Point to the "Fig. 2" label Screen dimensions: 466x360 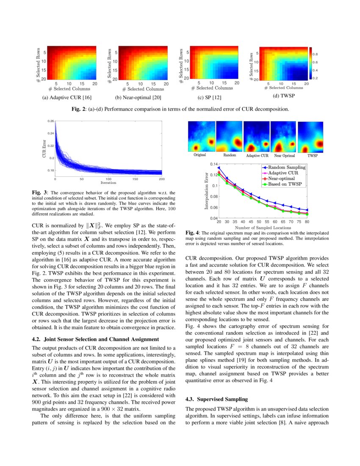pyautogui.click(x=79, y=109)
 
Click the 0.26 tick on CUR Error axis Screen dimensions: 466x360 pyautogui.click(x=51, y=121)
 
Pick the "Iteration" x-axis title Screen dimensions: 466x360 pyautogui.click(x=108, y=183)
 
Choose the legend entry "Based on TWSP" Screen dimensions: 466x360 pyautogui.click(x=283, y=184)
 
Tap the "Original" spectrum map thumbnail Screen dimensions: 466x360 pyautogui.click(x=200, y=136)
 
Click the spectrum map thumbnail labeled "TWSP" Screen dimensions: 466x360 pyautogui.click(x=311, y=137)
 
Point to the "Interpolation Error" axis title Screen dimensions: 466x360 pyautogui.click(x=207, y=191)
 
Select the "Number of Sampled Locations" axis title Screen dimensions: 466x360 pyautogui.click(x=263, y=227)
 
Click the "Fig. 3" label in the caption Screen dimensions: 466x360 pyautogui.click(x=39, y=193)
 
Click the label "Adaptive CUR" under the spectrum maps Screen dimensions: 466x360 pyautogui.click(x=257, y=156)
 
